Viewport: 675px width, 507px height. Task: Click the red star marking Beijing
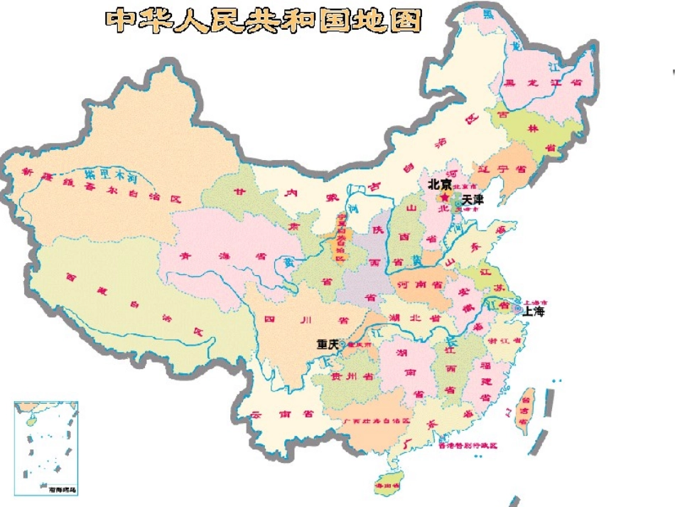coord(445,197)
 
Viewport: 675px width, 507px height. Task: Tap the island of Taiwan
coord(526,411)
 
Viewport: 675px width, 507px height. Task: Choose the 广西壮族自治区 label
coord(377,421)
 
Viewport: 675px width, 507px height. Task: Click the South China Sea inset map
coord(46,448)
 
